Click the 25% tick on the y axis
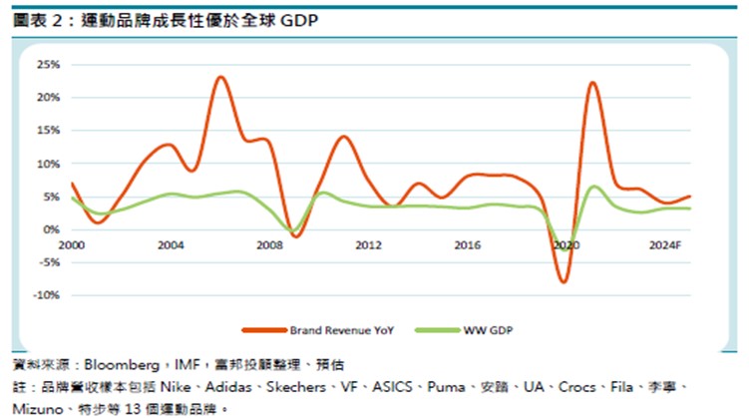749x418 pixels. point(48,65)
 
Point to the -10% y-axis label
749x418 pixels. point(46,296)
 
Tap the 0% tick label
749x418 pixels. point(52,230)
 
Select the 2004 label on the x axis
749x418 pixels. point(171,244)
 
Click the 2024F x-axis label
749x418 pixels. point(665,244)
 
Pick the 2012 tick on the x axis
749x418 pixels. point(368,244)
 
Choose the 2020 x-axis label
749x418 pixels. point(565,244)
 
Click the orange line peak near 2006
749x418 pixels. point(221,77)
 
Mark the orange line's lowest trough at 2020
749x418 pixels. point(564,282)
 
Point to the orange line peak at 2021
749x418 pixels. point(592,83)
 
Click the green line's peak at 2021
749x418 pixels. point(594,187)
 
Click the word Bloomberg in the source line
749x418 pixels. point(115,365)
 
